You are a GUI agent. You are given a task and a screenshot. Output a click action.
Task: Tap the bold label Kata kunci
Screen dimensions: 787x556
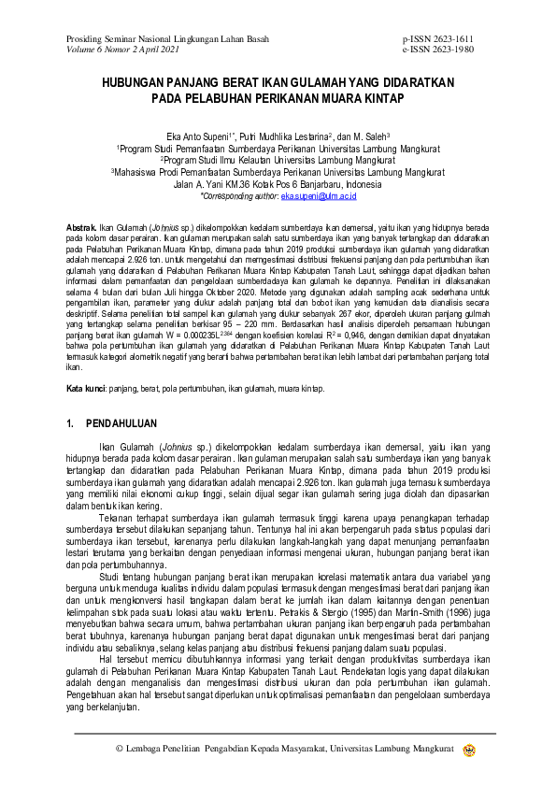click(87, 388)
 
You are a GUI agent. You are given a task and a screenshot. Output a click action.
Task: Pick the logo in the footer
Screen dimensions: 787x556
click(469, 749)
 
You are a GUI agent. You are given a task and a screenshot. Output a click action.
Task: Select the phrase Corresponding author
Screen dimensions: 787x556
click(239, 197)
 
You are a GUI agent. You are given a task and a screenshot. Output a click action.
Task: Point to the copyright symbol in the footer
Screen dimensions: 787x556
click(119, 749)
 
